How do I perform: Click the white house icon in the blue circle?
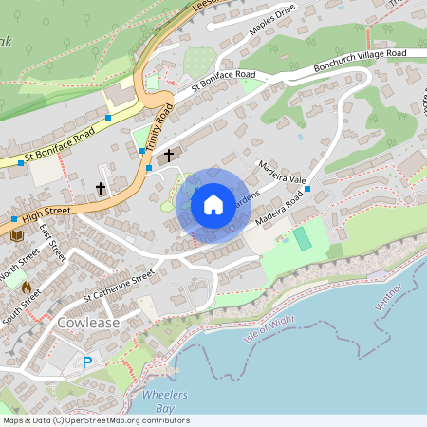click(213, 205)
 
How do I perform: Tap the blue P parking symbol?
click(88, 362)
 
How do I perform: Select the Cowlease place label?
click(87, 323)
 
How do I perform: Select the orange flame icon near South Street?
click(26, 286)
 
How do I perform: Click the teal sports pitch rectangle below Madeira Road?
click(303, 238)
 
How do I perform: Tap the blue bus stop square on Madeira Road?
click(307, 191)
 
